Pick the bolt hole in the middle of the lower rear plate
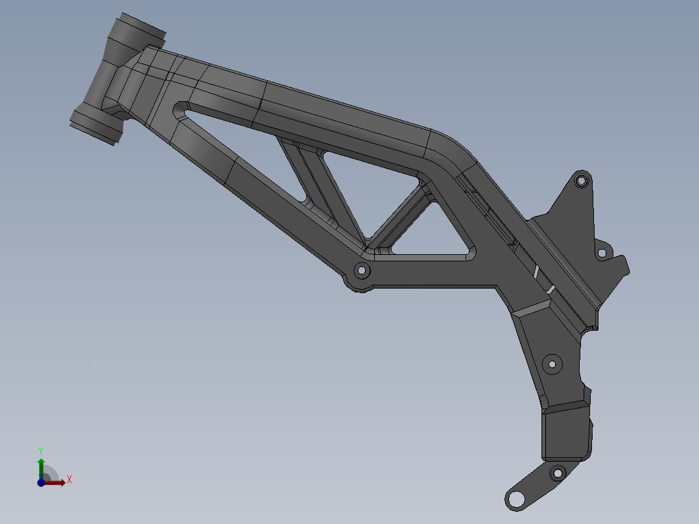[x=552, y=364]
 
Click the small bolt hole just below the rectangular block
[x=556, y=473]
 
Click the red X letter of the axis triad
[x=69, y=480]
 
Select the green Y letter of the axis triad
[x=40, y=450]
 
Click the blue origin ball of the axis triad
[x=41, y=482]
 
